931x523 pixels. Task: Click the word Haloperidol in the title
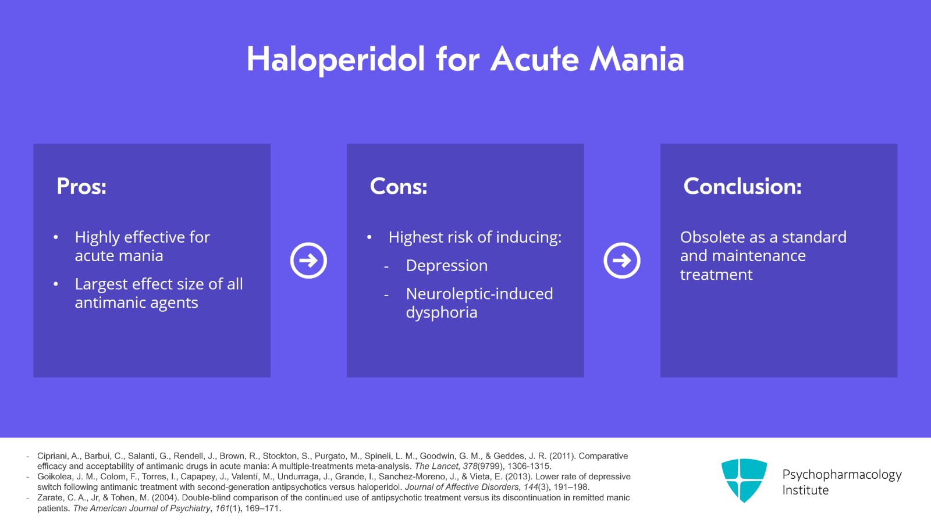click(335, 59)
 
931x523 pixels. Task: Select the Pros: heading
click(81, 186)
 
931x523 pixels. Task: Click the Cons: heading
click(399, 186)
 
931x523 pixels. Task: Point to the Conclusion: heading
click(742, 186)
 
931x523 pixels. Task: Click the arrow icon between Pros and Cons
click(308, 260)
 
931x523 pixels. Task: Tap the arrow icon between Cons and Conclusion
click(621, 260)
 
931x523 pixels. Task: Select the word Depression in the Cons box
click(446, 265)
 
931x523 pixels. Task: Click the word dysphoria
click(441, 312)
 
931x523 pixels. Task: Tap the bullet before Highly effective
click(56, 237)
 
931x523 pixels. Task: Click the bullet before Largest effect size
click(56, 284)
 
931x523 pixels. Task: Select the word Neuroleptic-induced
click(479, 294)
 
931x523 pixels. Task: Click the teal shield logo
click(744, 479)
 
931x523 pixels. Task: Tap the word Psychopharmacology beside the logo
click(841, 474)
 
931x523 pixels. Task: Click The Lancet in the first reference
click(436, 466)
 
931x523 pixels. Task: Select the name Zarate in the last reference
click(51, 497)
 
